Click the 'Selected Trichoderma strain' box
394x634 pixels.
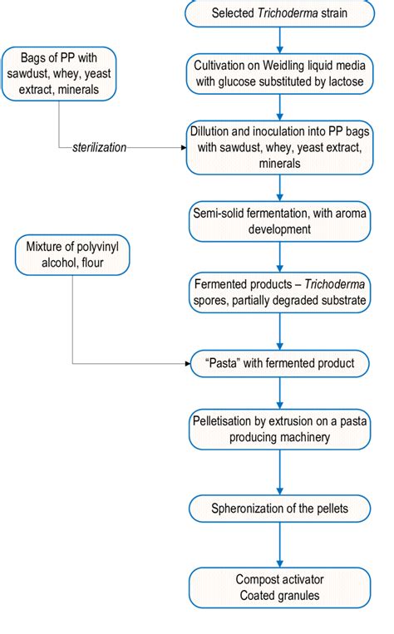pyautogui.click(x=279, y=13)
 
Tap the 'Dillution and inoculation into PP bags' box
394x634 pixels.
pyautogui.click(x=279, y=147)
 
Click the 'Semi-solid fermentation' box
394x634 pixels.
pyautogui.click(x=279, y=220)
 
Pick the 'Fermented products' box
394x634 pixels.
pyautogui.click(x=279, y=292)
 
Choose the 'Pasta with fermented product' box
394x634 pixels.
pyautogui.click(x=279, y=363)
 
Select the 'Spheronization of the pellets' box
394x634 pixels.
pyautogui.click(x=279, y=506)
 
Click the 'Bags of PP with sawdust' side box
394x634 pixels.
pyautogui.click(x=59, y=75)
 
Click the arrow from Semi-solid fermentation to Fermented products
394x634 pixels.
pyautogui.click(x=279, y=255)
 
